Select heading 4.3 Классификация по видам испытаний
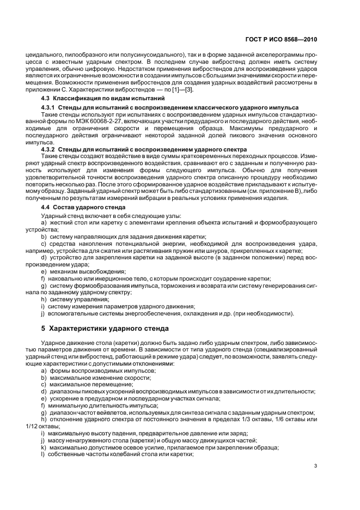[x=103, y=98]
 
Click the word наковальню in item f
[x=65, y=278]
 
